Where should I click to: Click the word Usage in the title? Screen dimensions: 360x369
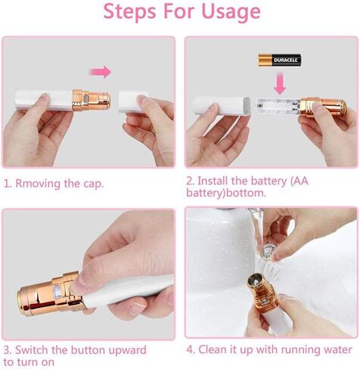231,11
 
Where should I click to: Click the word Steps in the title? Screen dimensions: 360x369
129,11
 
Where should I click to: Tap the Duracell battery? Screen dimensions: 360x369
279,60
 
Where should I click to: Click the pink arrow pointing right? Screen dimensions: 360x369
100,72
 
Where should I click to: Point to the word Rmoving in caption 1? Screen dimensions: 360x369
38,184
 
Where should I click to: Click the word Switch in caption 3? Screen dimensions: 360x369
32,350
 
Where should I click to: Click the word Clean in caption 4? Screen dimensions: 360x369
213,349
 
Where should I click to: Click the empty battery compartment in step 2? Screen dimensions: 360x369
278,106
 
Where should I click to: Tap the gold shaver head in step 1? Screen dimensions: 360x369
92,100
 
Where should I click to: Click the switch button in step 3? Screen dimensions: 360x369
57,293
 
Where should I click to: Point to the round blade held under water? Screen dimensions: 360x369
267,251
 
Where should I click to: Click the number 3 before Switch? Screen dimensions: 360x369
7,350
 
